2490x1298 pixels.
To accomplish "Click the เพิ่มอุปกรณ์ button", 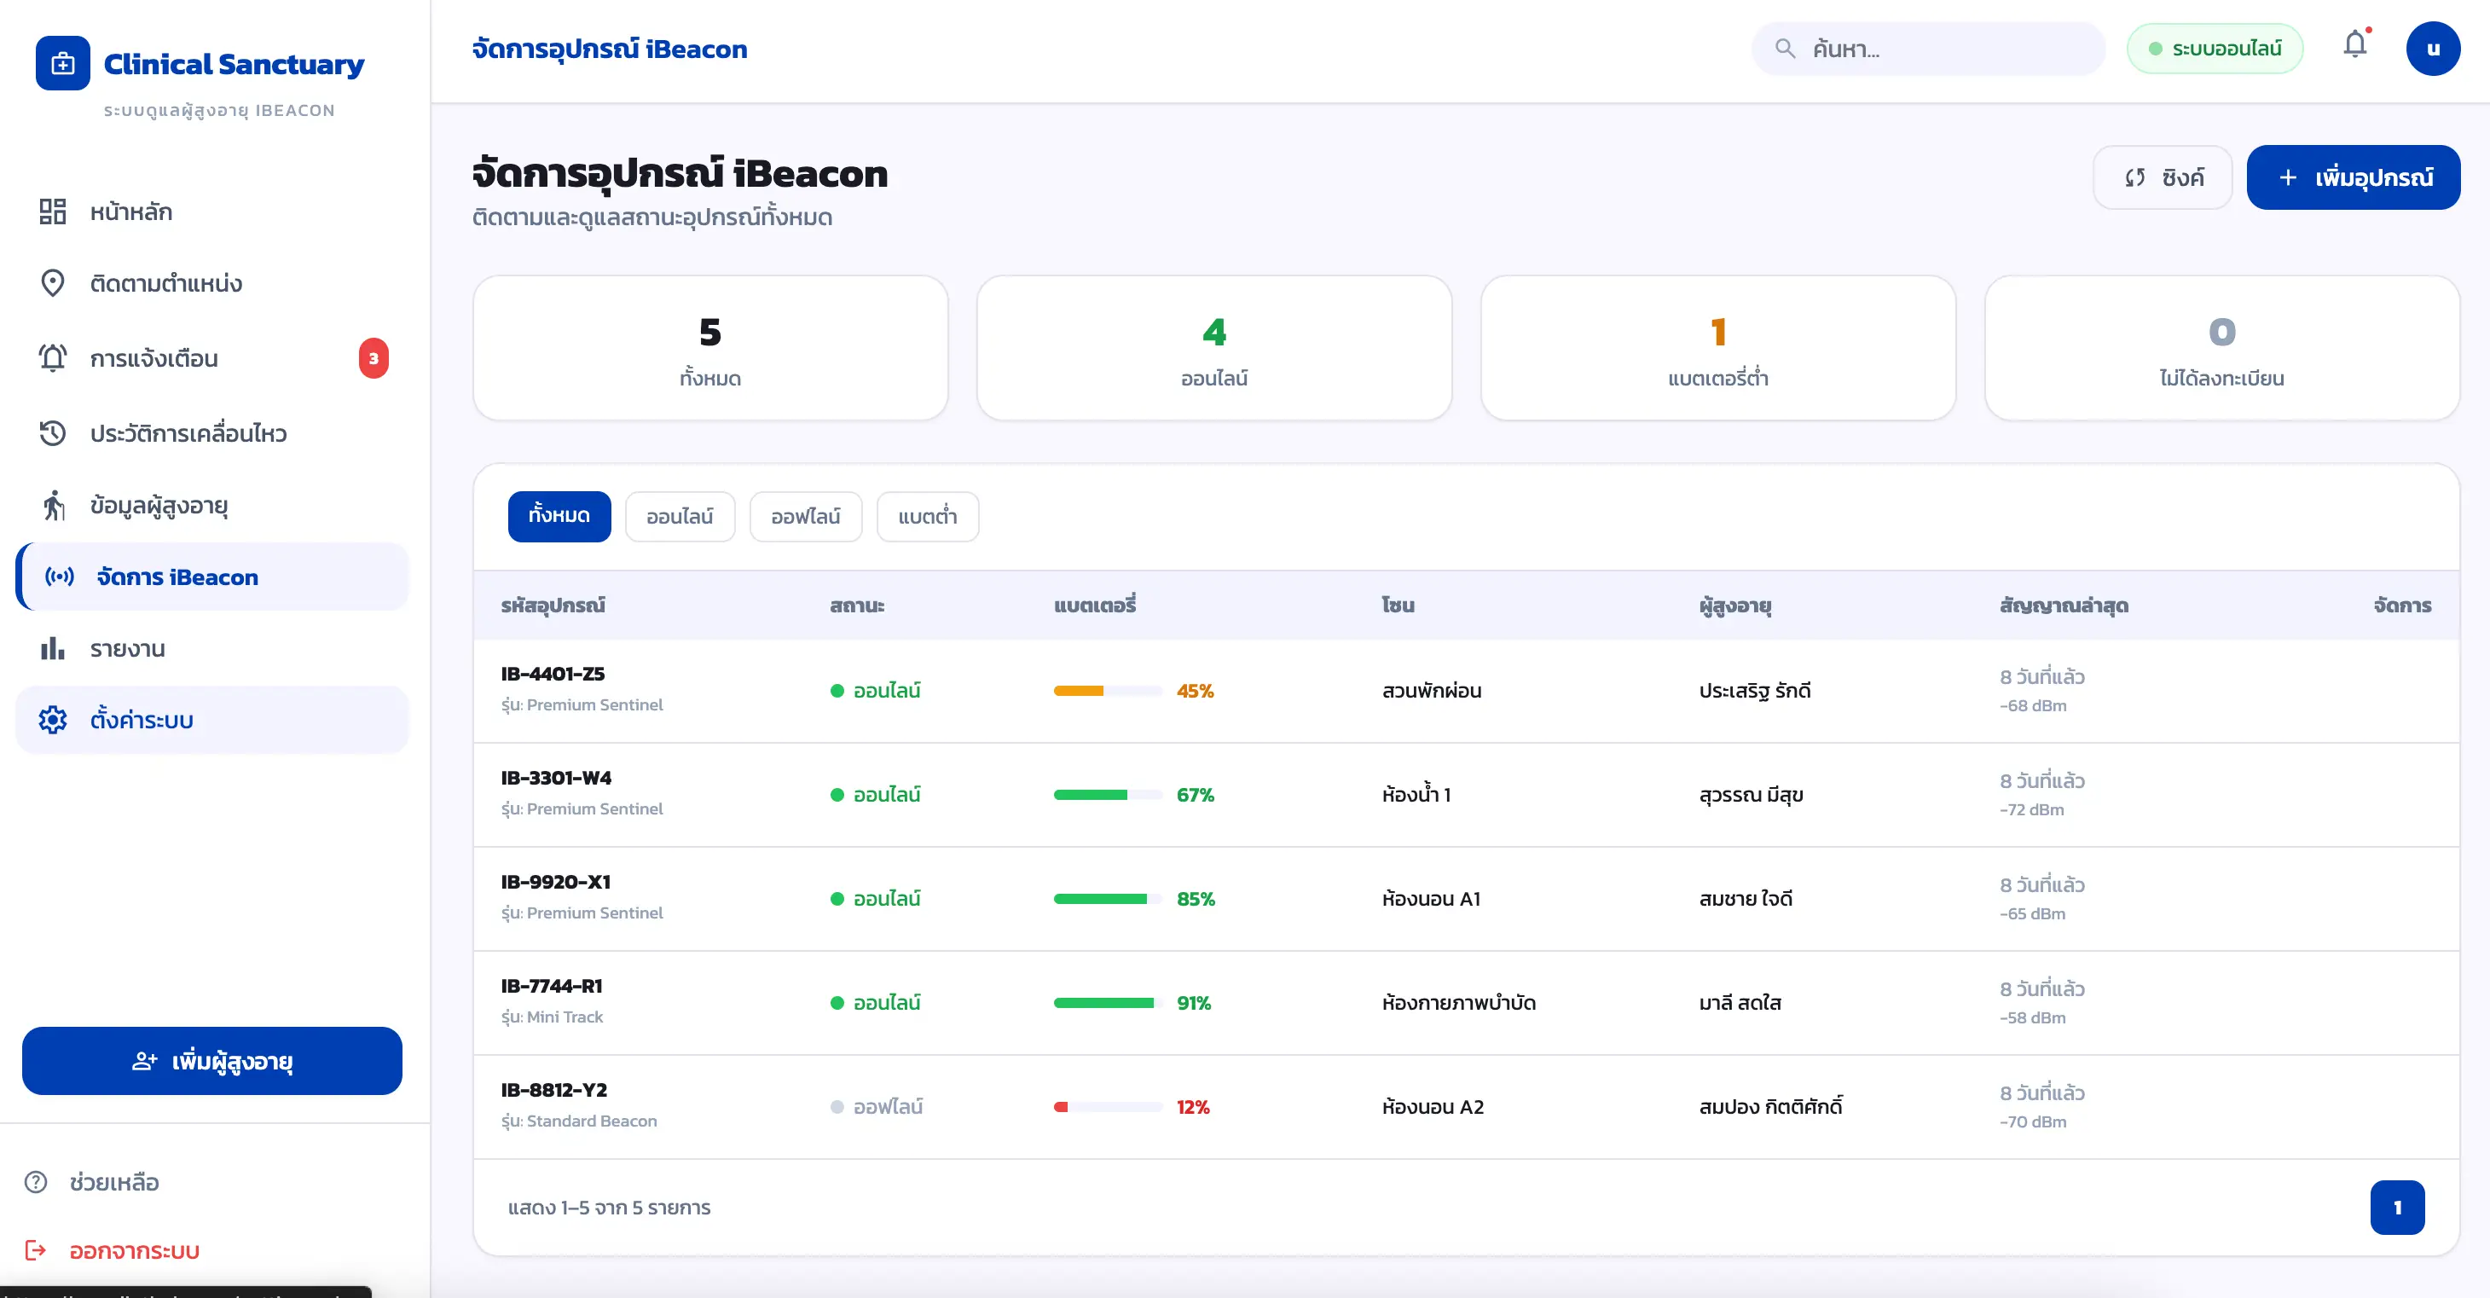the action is (x=2353, y=177).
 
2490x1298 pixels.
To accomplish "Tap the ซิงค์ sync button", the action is (x=2163, y=177).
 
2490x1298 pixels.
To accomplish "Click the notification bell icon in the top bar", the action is (x=2354, y=45).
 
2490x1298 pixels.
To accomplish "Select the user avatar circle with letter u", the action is (x=2432, y=49).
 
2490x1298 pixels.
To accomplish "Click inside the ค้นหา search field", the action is (x=1928, y=49).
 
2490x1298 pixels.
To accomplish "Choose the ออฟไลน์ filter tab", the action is (x=805, y=516).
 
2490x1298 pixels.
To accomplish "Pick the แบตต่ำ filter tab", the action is (x=927, y=516).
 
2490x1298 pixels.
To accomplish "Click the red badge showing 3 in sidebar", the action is (x=373, y=357).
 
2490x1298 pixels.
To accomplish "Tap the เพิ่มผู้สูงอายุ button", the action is (x=211, y=1060).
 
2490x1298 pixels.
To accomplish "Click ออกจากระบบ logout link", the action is (x=135, y=1249).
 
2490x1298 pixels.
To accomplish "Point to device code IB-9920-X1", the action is (x=556, y=882).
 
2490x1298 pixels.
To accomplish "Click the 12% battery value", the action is (x=1193, y=1107).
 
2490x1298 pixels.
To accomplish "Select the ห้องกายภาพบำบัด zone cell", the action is (x=1459, y=1002).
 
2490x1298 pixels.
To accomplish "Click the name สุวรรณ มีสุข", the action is (x=1751, y=795).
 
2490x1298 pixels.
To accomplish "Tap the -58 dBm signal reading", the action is (x=2032, y=1017).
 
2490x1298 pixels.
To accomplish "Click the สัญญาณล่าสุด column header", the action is (x=2064, y=605).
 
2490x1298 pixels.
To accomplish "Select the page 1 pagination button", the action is (x=2397, y=1207).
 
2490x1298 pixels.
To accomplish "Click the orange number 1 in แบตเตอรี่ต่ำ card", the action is (x=1717, y=332).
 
